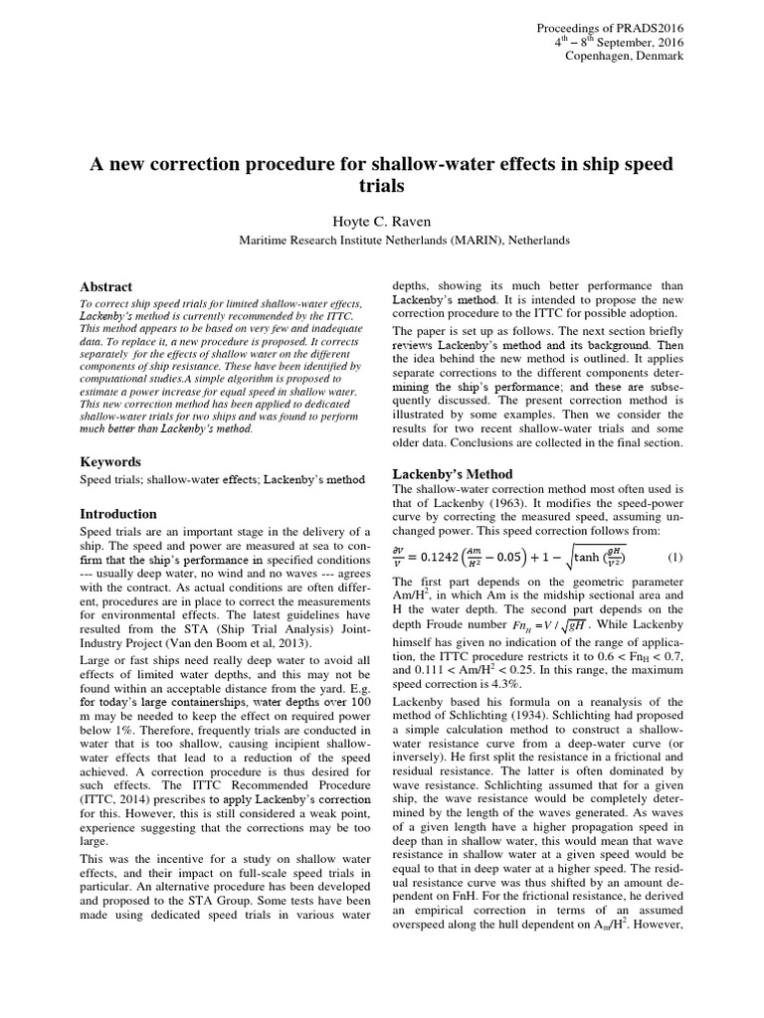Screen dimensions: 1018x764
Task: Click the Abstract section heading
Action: [x=105, y=286]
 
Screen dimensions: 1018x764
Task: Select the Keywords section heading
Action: [x=110, y=462]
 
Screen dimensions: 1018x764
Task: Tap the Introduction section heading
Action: [x=118, y=514]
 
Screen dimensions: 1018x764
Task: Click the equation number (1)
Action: [x=673, y=556]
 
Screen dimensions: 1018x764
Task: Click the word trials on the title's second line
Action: [x=381, y=186]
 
